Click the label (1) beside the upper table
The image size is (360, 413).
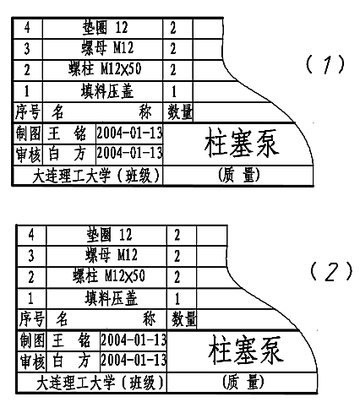coord(325,64)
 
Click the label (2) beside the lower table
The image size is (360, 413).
coord(331,272)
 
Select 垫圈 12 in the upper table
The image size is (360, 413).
coord(105,28)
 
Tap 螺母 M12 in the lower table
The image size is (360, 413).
coord(112,255)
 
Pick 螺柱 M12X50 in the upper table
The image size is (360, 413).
coord(105,69)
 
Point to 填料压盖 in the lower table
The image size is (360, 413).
coord(112,298)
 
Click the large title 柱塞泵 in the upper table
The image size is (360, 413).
coord(242,143)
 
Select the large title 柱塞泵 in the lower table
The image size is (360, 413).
coord(246,350)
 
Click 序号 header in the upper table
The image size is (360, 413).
coord(28,111)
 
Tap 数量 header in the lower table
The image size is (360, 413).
coord(183,319)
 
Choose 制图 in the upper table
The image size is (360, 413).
coord(29,133)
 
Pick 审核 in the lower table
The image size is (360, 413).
coord(32,361)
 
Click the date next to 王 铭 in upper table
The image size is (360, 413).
coord(129,133)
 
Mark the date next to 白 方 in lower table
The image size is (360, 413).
coord(134,360)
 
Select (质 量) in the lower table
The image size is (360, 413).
coord(243,383)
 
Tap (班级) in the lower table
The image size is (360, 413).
coord(142,383)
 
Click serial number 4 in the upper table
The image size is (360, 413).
coord(27,28)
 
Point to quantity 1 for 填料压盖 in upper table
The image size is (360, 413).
coord(173,91)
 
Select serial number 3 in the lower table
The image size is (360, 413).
coord(31,256)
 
